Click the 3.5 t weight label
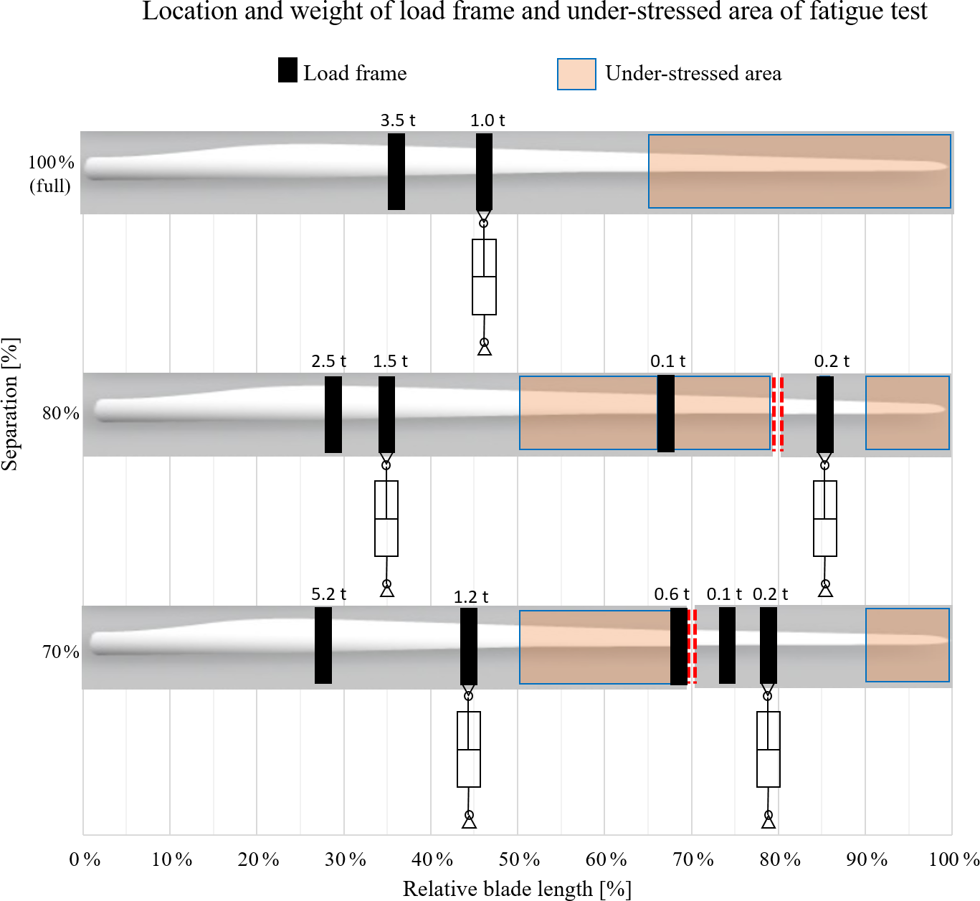pos(397,120)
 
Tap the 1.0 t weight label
pos(487,120)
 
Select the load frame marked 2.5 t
pos(333,414)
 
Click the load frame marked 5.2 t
pos(323,645)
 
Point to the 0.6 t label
pos(671,594)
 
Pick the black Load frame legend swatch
pos(287,70)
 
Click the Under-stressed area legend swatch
pos(576,74)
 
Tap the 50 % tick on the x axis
pos(520,859)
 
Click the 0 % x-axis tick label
pos(85,859)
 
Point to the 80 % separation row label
pos(60,413)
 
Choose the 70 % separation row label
pos(60,652)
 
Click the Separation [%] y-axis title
pos(10,404)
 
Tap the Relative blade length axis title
pos(517,889)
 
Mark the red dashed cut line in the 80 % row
pos(777,414)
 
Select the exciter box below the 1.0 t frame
pos(484,277)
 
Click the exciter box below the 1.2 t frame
pos(469,749)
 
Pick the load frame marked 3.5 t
pos(396,172)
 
